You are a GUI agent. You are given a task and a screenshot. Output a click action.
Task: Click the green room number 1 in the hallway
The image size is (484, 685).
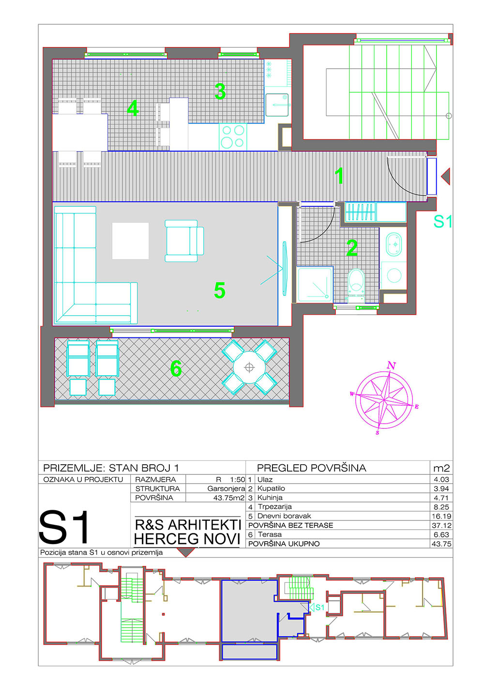[339, 176]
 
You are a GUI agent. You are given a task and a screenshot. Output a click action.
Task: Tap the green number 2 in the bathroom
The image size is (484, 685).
[352, 248]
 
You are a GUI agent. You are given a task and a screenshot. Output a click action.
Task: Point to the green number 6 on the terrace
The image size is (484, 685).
[176, 368]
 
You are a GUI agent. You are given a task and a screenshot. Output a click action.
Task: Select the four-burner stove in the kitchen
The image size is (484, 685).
[233, 137]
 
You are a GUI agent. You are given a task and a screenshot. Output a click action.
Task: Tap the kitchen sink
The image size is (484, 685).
[277, 105]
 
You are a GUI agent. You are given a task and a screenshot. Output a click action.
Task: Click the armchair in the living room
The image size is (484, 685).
[184, 241]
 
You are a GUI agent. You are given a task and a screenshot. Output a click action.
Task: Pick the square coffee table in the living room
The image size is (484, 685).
[130, 241]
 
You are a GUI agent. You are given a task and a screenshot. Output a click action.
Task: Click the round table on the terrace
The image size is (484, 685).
[249, 367]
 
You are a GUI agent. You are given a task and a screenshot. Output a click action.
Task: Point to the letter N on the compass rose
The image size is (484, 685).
[392, 365]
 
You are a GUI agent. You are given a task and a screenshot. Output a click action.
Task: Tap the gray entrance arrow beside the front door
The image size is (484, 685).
[445, 176]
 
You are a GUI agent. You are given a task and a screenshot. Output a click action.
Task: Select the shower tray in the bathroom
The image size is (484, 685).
[315, 285]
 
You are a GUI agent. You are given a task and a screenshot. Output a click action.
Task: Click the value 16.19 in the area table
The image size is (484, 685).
[441, 516]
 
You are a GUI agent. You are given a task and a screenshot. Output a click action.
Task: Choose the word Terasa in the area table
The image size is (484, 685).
[270, 534]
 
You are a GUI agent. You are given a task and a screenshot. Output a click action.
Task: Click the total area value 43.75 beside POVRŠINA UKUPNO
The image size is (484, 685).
[441, 544]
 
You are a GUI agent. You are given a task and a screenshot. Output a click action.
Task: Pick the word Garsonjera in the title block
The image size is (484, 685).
[226, 488]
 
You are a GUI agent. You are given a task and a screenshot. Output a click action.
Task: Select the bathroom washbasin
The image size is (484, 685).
[393, 244]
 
